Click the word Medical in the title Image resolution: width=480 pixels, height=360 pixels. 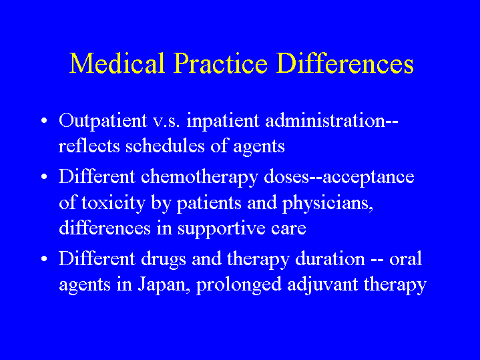pos(117,63)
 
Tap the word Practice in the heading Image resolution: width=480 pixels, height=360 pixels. pos(220,63)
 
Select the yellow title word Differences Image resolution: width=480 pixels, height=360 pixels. pos(345,63)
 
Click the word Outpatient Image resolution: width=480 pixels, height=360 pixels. pos(103,122)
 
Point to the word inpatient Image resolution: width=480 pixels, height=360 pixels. pos(223,122)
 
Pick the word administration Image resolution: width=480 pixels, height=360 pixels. pos(325,120)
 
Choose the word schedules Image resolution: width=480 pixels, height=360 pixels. pos(165,146)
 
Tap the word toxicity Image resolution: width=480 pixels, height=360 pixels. pos(113,204)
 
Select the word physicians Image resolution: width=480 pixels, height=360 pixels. pos(328,204)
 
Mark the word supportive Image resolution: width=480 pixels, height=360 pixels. pos(222,229)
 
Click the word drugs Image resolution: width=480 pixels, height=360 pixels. pos(163,260)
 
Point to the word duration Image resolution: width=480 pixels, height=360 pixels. pos(330,258)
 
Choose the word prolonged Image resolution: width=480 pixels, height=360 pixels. pos(239,285)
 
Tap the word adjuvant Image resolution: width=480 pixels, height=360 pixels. pos(322,285)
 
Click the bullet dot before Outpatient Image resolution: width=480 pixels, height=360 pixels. pos(44,121)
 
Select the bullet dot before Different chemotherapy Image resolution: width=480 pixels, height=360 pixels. pos(44,177)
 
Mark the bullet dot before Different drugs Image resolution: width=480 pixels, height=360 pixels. pos(44,259)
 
